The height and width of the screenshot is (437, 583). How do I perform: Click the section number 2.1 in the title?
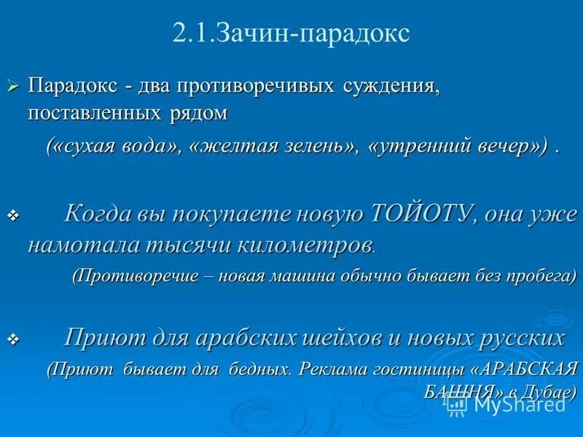pyautogui.click(x=191, y=34)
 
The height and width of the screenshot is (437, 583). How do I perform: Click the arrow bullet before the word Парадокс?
pyautogui.click(x=12, y=87)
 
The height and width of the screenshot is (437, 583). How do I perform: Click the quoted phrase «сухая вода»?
pyautogui.click(x=117, y=146)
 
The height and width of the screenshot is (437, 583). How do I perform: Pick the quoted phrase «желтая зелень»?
pyautogui.click(x=274, y=146)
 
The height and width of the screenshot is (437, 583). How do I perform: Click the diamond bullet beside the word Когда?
pyautogui.click(x=12, y=216)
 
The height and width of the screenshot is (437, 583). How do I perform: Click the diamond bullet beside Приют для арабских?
pyautogui.click(x=12, y=339)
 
